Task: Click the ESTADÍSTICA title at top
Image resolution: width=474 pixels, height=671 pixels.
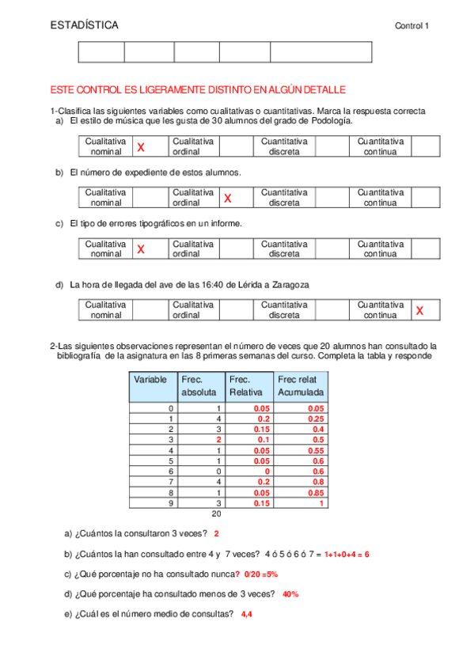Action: click(x=84, y=26)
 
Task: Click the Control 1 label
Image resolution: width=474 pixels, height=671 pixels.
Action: click(x=411, y=27)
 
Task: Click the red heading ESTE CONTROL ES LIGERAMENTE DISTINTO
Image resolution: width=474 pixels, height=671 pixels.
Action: click(x=198, y=91)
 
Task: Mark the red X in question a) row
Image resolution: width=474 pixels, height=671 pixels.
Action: click(x=141, y=147)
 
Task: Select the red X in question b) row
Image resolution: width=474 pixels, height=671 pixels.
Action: click(x=228, y=198)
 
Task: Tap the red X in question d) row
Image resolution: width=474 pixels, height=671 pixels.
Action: click(x=419, y=311)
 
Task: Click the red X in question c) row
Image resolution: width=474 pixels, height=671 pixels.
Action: click(x=141, y=249)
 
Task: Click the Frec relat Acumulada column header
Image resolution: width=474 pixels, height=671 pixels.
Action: click(x=301, y=386)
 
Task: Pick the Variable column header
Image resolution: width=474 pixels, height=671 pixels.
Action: click(x=150, y=380)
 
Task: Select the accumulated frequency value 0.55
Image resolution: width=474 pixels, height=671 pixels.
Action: click(x=315, y=450)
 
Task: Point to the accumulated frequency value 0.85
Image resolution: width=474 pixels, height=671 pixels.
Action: click(x=315, y=492)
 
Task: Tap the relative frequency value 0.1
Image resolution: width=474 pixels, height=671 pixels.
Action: click(x=264, y=439)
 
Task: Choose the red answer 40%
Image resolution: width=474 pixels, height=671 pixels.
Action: click(x=290, y=593)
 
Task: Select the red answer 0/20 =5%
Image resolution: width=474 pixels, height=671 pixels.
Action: click(x=260, y=574)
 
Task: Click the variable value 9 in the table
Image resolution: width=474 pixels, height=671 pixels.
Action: click(x=172, y=502)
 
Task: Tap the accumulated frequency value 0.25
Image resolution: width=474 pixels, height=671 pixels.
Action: click(x=315, y=419)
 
